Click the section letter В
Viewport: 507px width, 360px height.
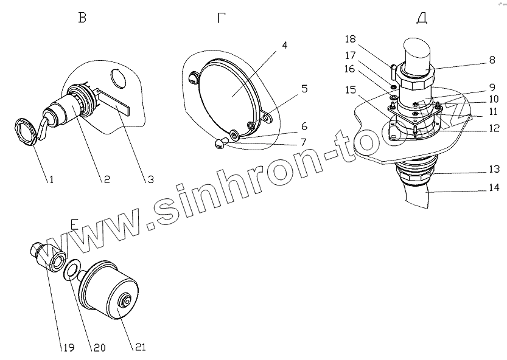[x=82, y=18]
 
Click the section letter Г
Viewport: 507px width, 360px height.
[x=223, y=18]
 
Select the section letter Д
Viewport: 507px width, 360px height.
[x=421, y=18]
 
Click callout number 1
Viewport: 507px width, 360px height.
[x=52, y=180]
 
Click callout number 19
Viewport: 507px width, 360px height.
[x=67, y=348]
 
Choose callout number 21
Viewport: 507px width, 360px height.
[x=140, y=348]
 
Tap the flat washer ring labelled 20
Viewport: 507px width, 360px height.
[x=71, y=269]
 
